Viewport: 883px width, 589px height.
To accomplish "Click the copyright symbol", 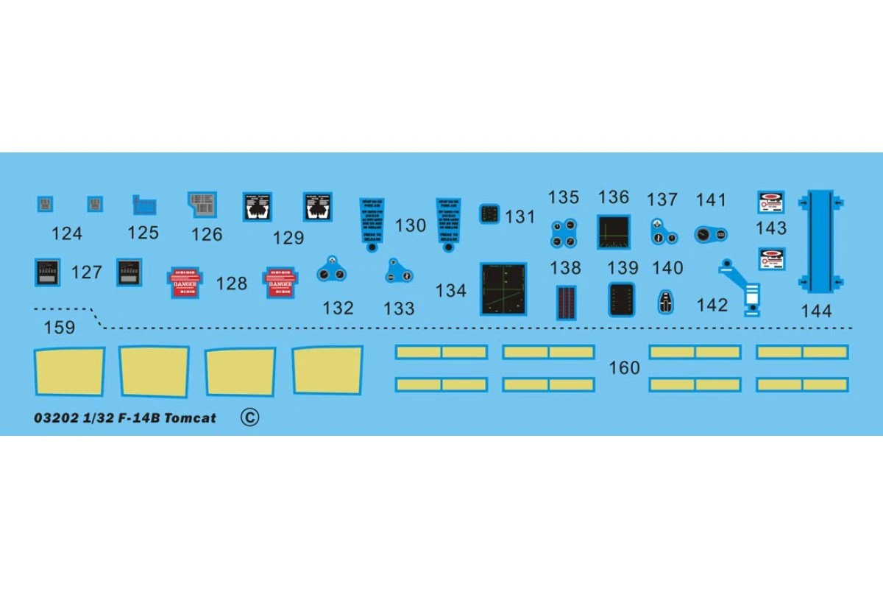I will tap(249, 417).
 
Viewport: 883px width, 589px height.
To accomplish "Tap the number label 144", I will tap(816, 311).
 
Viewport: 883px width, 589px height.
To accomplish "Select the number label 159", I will tap(59, 328).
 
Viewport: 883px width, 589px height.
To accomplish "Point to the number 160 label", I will tap(625, 367).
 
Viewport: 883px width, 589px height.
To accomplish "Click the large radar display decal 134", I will tap(503, 289).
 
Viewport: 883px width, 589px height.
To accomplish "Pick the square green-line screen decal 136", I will tap(614, 231).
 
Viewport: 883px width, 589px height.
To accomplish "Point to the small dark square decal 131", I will tap(489, 214).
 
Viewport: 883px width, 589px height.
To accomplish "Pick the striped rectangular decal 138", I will tap(565, 302).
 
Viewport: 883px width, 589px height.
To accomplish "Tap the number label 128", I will tap(232, 283).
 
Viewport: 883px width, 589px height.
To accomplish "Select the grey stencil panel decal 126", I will tap(202, 204).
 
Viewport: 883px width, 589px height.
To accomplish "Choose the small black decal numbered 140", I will tap(666, 300).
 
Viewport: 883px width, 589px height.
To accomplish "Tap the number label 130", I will tap(411, 225).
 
